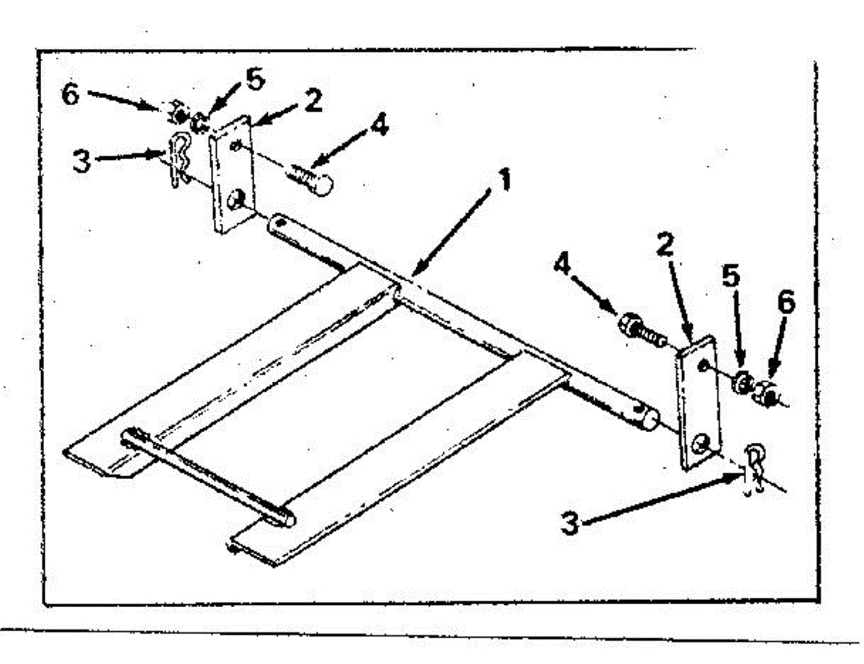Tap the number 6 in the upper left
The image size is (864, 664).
point(70,94)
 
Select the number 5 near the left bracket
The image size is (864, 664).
point(255,80)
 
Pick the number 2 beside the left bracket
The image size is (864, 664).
point(312,101)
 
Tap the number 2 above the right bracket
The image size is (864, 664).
point(665,247)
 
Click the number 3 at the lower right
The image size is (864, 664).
point(570,524)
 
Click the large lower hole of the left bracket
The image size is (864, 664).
point(235,201)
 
